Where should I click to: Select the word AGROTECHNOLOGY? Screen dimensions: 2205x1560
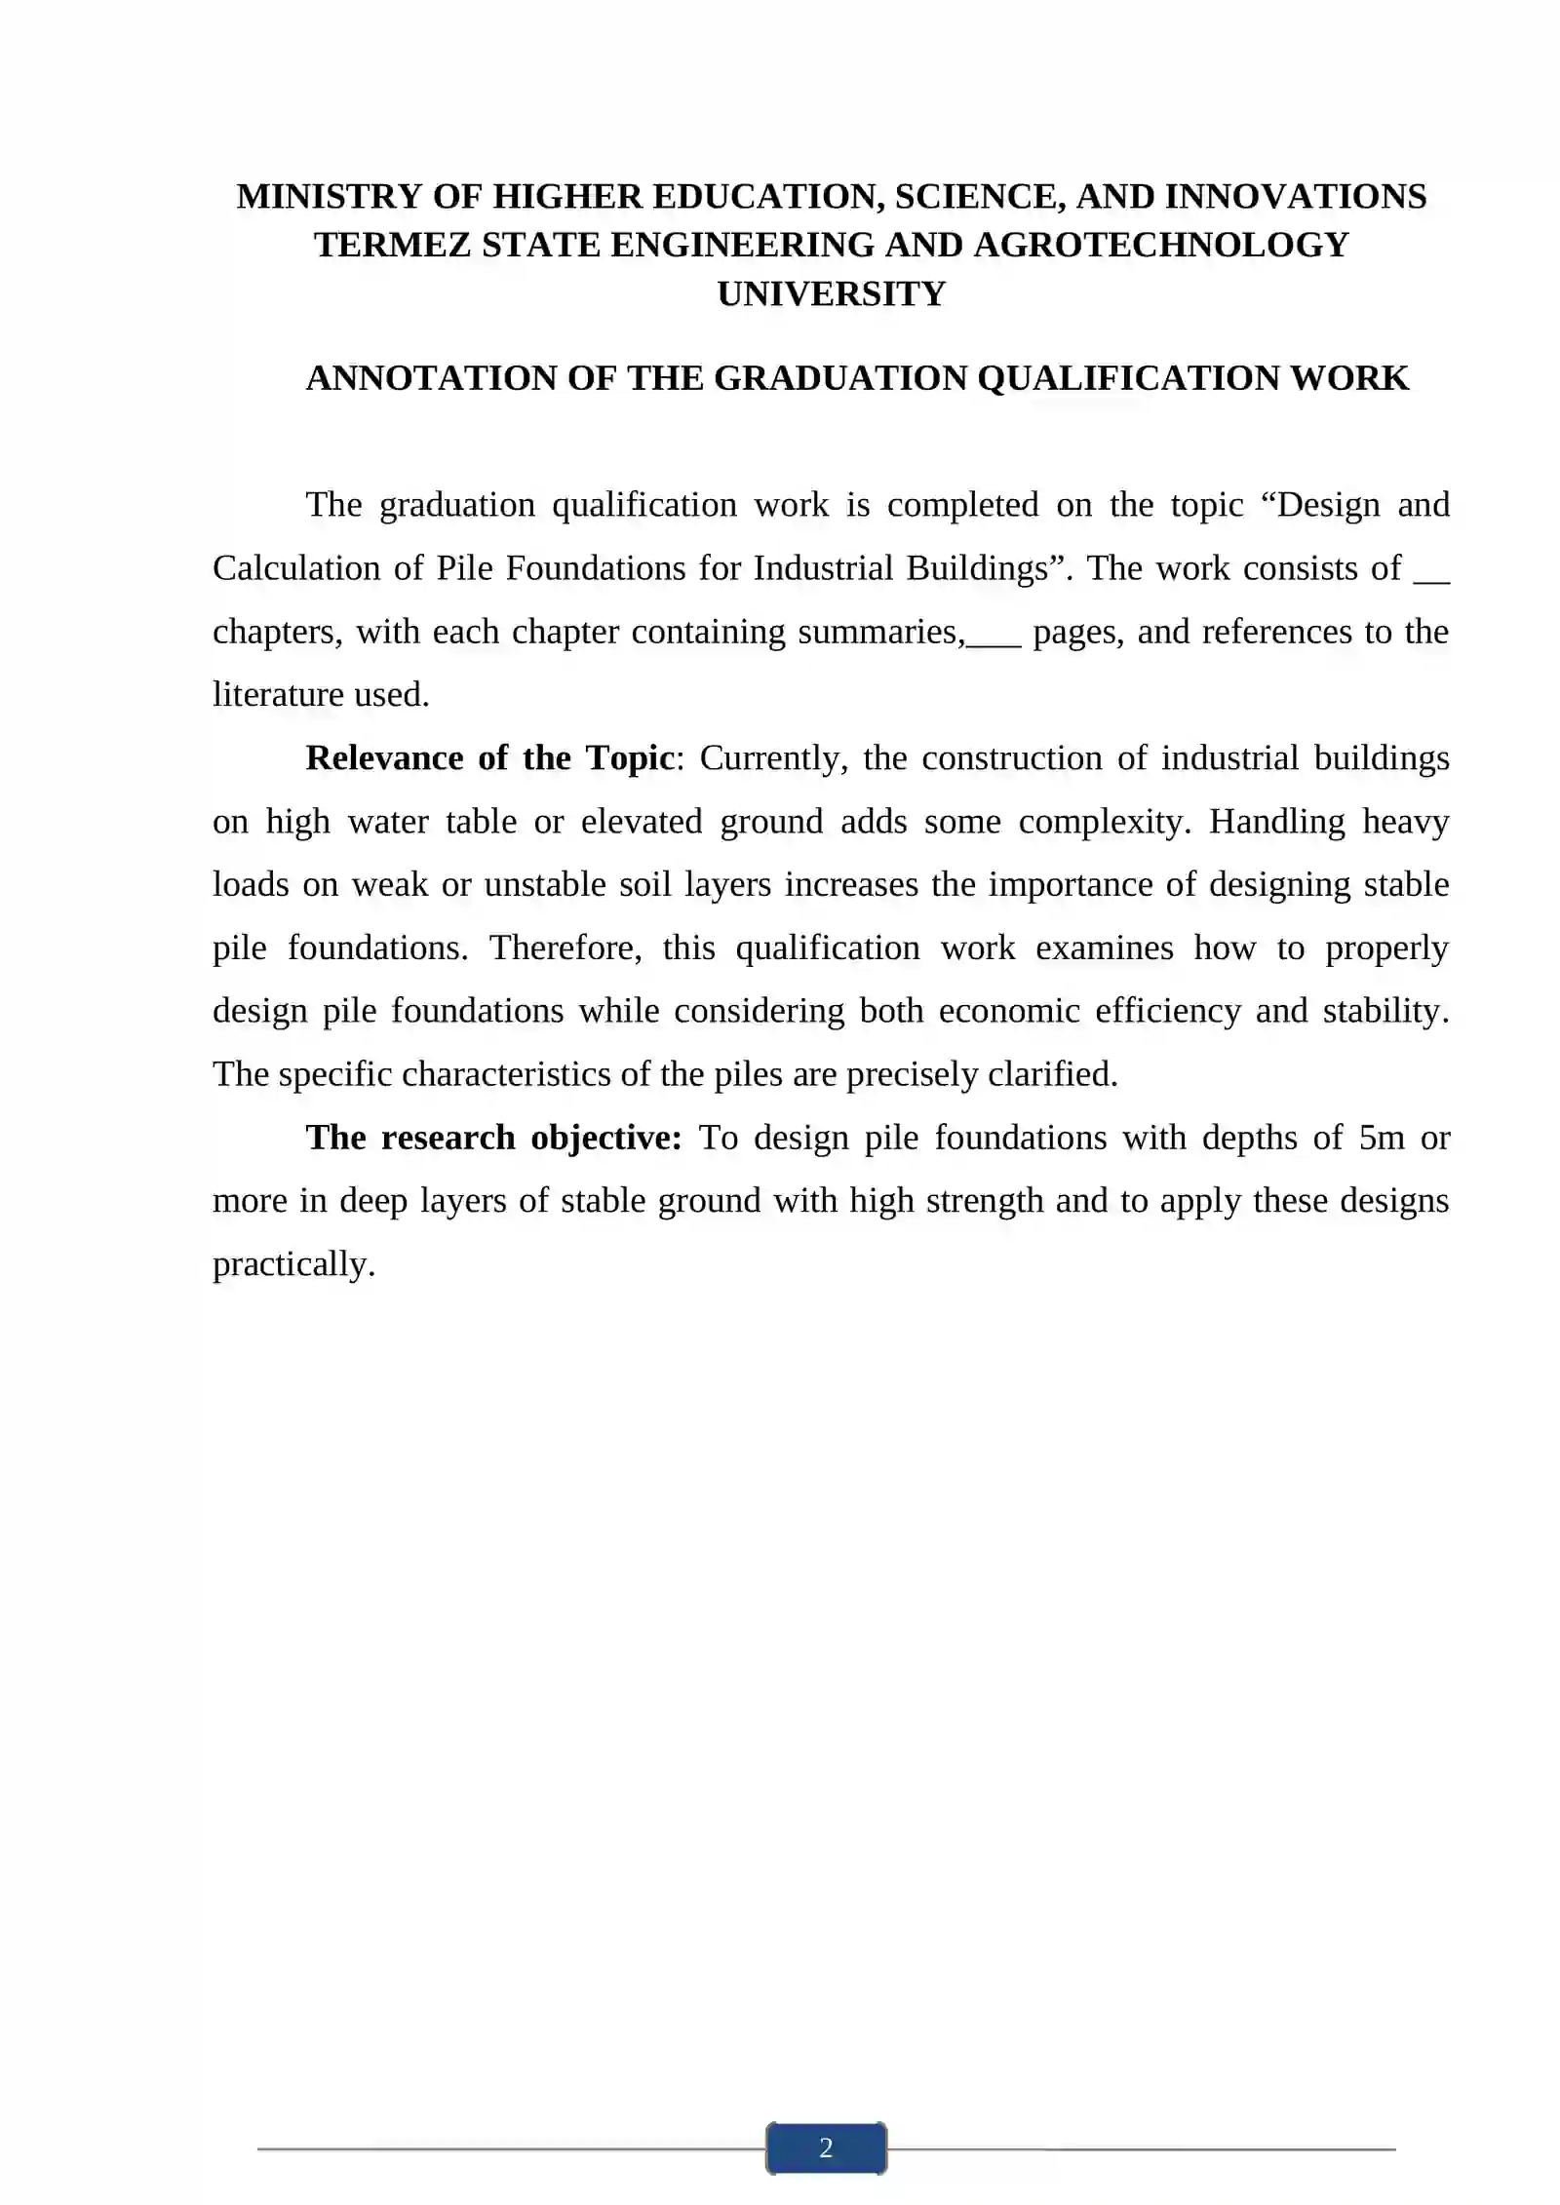pyautogui.click(x=1161, y=246)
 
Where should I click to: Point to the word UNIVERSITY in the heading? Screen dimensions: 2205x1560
pyautogui.click(x=832, y=294)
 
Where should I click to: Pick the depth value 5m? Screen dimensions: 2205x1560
pyautogui.click(x=1382, y=1139)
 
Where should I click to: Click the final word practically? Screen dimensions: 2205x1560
pyautogui.click(x=293, y=1265)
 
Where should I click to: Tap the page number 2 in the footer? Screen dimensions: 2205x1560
pyautogui.click(x=826, y=2147)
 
